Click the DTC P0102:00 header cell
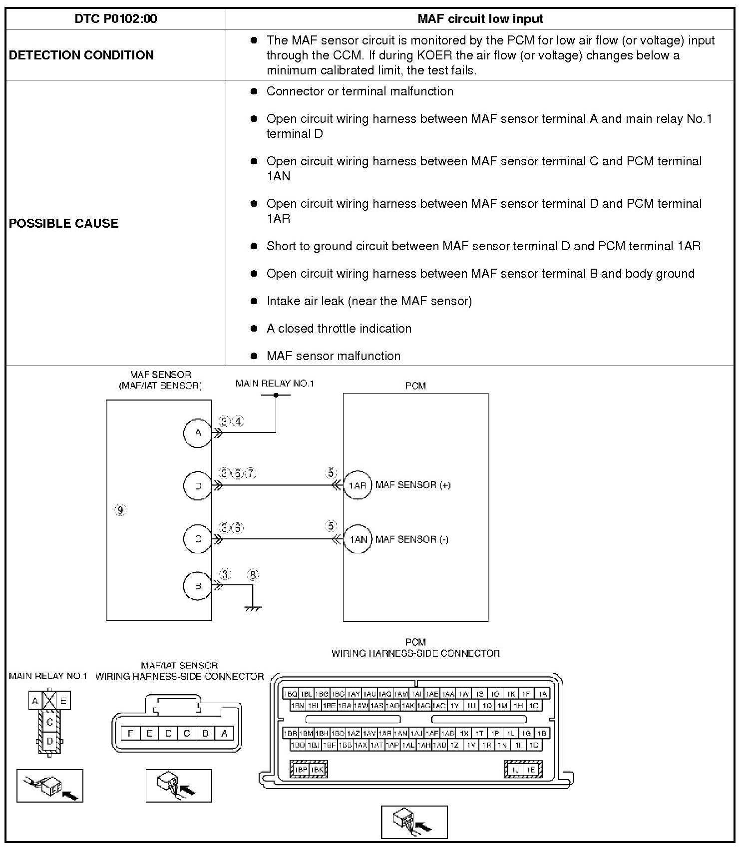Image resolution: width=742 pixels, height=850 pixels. (x=115, y=19)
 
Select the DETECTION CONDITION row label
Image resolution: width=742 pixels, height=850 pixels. (x=81, y=55)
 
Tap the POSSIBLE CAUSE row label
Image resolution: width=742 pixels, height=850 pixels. (x=63, y=223)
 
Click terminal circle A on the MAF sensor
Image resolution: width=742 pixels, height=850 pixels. (x=198, y=433)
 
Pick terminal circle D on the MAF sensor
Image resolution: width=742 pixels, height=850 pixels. (x=198, y=485)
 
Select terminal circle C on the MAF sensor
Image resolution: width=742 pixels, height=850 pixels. (x=198, y=539)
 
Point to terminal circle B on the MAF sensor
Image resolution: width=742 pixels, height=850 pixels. (x=198, y=586)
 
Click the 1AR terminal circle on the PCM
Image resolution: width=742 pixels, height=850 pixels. (x=358, y=485)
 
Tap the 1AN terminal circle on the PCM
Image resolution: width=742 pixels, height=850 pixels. (x=358, y=539)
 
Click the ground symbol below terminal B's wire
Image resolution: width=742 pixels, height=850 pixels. (x=253, y=608)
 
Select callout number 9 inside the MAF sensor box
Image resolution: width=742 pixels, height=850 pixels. (x=120, y=510)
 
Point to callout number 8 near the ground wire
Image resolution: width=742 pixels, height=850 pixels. (x=253, y=575)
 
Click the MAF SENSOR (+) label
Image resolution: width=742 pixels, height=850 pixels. (x=413, y=485)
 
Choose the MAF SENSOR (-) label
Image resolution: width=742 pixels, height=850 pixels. (x=412, y=539)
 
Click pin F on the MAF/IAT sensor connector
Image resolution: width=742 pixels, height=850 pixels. (x=130, y=733)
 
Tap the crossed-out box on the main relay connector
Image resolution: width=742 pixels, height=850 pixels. (x=49, y=701)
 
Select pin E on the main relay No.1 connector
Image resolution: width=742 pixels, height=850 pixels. (x=63, y=701)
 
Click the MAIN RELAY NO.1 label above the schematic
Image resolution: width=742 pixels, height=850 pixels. (x=275, y=384)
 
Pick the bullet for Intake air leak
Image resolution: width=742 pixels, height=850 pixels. (x=254, y=301)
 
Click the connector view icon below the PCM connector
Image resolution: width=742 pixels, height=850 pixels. (x=414, y=822)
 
